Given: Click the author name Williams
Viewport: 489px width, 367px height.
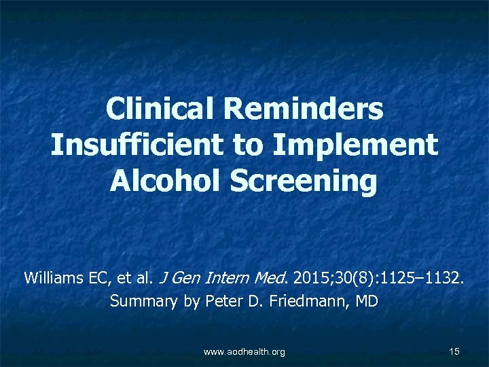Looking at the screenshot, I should tap(52, 278).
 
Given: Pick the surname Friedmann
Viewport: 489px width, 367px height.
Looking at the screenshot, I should tap(309, 300).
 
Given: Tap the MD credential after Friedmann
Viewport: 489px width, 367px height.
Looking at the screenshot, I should tap(365, 300).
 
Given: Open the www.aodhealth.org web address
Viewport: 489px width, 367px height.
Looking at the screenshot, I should tap(244, 351).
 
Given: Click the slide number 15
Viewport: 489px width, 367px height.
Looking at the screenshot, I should tap(455, 351).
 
